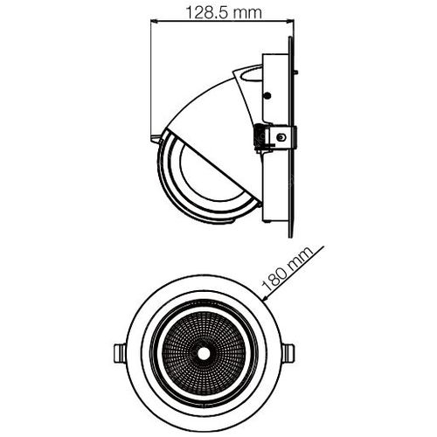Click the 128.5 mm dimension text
point(224,13)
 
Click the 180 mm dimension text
point(288,270)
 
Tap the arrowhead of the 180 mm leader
point(266,297)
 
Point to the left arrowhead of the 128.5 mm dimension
point(154,21)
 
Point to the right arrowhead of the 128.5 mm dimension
point(290,21)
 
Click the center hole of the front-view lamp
point(204,353)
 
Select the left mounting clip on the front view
point(119,353)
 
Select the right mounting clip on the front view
point(288,353)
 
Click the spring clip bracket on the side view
point(275,137)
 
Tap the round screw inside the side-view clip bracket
point(281,137)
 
